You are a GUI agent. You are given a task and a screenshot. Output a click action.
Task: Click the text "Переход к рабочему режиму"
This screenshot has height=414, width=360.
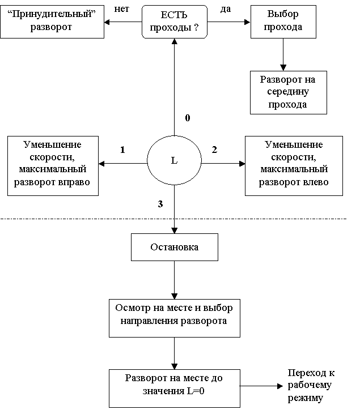(311, 385)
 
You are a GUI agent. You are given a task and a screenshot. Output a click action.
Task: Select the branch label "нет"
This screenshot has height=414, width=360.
(121, 9)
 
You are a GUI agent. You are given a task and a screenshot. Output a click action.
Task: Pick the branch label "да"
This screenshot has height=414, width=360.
(226, 9)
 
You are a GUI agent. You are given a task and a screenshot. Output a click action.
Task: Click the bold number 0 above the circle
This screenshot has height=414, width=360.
(188, 118)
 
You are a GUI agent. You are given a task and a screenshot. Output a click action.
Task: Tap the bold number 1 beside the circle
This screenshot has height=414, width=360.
(122, 150)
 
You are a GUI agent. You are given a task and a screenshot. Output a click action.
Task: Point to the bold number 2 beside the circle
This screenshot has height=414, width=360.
(214, 150)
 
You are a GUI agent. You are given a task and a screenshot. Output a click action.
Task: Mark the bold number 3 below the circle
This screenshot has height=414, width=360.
(160, 204)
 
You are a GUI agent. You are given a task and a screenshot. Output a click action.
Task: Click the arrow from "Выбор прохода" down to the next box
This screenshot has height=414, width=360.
(283, 55)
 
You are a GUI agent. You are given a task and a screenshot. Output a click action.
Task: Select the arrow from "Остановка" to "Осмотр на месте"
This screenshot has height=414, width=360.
(175, 280)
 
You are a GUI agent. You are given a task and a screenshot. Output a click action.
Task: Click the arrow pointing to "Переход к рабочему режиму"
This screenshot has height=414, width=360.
(261, 386)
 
